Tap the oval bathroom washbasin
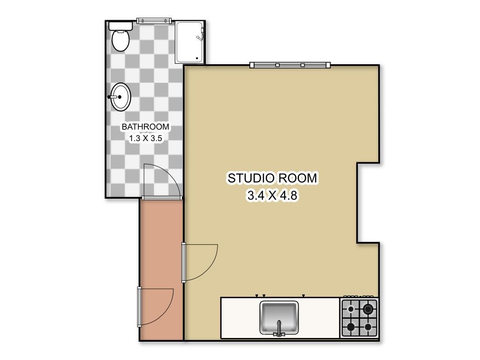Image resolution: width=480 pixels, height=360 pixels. (x=120, y=97)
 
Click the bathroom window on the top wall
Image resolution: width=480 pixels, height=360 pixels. (x=153, y=21)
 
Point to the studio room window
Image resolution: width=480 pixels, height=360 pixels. (x=290, y=65)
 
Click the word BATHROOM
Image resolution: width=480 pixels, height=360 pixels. (x=145, y=127)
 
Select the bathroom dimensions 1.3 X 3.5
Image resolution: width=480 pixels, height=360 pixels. (x=145, y=138)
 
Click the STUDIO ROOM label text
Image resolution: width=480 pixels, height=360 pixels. (x=272, y=178)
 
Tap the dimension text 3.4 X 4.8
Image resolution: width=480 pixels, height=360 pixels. (x=272, y=195)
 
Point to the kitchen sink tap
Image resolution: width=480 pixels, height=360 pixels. (x=279, y=329)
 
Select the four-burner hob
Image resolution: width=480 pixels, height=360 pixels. (x=359, y=318)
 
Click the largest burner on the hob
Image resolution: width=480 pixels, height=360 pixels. (x=368, y=309)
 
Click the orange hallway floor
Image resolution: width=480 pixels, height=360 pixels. (x=161, y=244)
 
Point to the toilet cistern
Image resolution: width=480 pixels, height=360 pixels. (x=121, y=25)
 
